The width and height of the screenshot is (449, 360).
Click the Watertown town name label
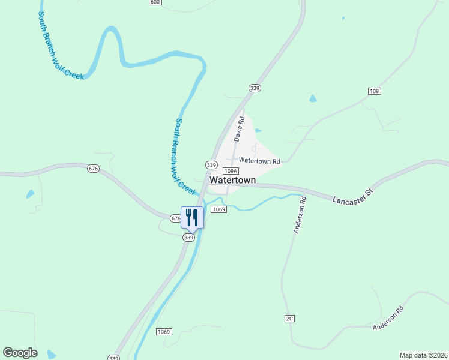(x=232, y=180)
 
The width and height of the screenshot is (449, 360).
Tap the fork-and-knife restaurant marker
(x=192, y=217)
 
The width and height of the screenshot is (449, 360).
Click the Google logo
(x=20, y=353)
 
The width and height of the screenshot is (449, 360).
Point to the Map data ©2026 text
(x=423, y=355)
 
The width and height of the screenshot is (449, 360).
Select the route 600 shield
(x=155, y=2)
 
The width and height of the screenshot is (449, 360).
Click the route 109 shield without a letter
(x=375, y=91)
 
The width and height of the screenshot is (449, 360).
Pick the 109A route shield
(x=231, y=171)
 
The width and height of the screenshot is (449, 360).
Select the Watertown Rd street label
(x=259, y=161)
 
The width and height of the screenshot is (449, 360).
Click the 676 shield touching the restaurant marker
(x=175, y=218)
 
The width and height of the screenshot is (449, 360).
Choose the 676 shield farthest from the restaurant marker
(x=92, y=169)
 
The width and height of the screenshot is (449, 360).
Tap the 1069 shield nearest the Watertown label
(x=218, y=209)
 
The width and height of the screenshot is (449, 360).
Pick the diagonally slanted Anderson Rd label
(x=388, y=318)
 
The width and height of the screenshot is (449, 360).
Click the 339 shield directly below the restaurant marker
(x=189, y=238)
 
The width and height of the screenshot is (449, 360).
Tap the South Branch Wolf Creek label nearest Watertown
(x=185, y=156)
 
